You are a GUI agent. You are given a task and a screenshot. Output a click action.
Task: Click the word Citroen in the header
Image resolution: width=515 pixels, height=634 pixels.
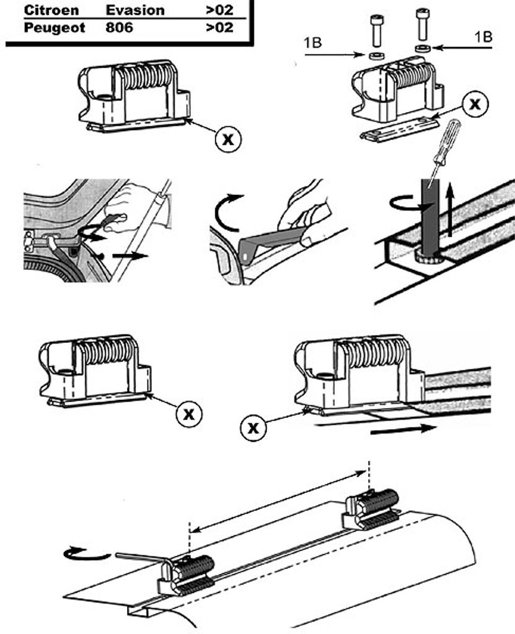pyautogui.click(x=51, y=10)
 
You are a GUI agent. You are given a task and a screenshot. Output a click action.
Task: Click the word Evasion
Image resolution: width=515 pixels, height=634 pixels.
pyautogui.click(x=135, y=10)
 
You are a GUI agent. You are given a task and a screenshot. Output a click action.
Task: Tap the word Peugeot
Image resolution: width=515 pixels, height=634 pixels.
pyautogui.click(x=55, y=28)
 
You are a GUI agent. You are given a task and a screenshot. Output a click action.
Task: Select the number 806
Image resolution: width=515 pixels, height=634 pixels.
pyautogui.click(x=119, y=28)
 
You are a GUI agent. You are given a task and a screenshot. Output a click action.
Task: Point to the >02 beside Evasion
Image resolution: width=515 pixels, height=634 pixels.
pyautogui.click(x=220, y=10)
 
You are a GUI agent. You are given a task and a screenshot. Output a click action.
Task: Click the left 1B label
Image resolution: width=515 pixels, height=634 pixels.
pyautogui.click(x=313, y=43)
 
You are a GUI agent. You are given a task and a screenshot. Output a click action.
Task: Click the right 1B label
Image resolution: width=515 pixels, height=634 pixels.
pyautogui.click(x=483, y=37)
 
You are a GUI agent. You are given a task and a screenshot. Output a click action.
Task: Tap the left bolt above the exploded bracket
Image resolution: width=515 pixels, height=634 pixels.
pyautogui.click(x=376, y=31)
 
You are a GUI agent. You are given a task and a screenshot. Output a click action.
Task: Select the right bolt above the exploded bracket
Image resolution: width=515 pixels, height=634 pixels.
pyautogui.click(x=423, y=25)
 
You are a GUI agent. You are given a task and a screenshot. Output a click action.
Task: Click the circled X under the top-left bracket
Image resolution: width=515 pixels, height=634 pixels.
pyautogui.click(x=228, y=139)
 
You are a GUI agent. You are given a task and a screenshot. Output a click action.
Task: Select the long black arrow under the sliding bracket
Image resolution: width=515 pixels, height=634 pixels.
pyautogui.click(x=403, y=430)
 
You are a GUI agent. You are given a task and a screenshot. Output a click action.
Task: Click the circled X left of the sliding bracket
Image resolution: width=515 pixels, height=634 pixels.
pyautogui.click(x=253, y=427)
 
